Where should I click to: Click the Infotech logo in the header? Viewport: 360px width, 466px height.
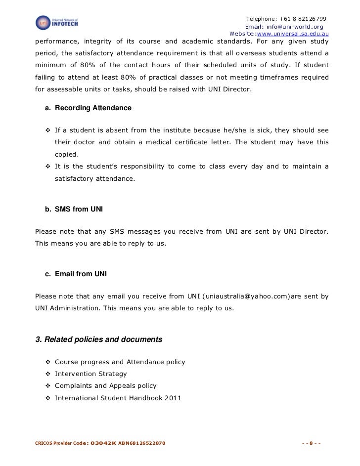[x=57, y=22]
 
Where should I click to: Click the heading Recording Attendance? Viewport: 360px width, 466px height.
[x=93, y=108]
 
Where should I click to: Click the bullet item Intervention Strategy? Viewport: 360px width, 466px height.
[x=90, y=374]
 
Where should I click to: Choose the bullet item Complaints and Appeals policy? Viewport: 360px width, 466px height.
[x=105, y=385]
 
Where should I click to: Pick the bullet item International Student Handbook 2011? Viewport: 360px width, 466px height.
[x=118, y=397]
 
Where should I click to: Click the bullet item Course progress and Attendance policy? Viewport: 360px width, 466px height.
[x=120, y=362]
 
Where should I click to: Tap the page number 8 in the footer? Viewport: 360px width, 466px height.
[x=312, y=442]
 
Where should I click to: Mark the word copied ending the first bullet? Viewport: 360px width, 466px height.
[x=66, y=154]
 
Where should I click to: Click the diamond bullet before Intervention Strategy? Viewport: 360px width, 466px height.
[x=48, y=374]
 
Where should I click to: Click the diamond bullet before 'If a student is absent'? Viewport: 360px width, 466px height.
[x=48, y=130]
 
